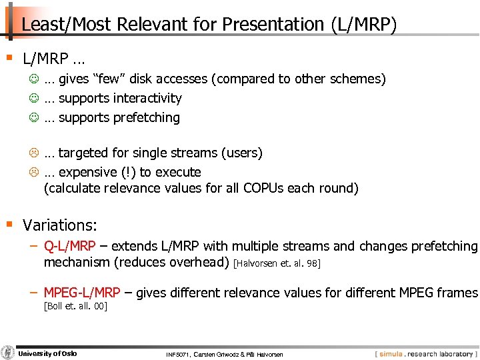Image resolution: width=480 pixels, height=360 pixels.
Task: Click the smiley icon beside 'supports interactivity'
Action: point(34,99)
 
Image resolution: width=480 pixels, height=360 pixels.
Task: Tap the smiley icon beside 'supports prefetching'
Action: point(34,118)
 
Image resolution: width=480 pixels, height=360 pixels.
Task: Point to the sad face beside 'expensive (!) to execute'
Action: point(34,173)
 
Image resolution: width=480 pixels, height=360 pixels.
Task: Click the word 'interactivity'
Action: point(147,99)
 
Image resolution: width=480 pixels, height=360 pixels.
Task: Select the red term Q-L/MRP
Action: point(69,247)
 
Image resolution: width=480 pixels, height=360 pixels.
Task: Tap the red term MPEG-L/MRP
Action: point(81,293)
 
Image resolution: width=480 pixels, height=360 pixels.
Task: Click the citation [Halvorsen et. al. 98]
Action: point(277,264)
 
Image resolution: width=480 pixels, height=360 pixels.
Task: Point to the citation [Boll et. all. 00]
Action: point(75,306)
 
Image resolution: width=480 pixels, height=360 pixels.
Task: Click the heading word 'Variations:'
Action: point(60,225)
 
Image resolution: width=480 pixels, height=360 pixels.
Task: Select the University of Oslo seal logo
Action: point(8,353)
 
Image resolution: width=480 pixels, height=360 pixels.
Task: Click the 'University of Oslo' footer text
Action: point(47,353)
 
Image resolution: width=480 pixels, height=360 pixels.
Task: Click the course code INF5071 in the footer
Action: point(179,354)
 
